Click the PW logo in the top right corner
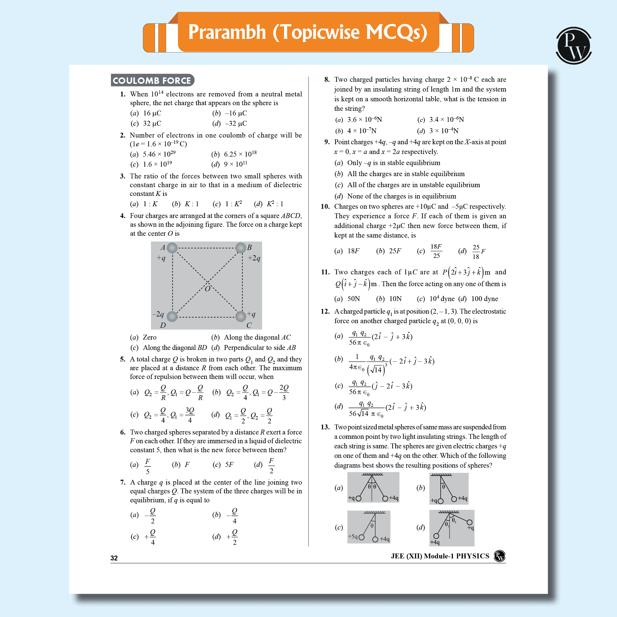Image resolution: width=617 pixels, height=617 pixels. [574, 45]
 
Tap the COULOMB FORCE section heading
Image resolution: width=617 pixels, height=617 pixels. [152, 80]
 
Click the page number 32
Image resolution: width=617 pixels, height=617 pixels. [114, 558]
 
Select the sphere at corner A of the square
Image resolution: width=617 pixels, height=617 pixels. [172, 248]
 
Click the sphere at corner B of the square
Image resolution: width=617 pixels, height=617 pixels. [240, 248]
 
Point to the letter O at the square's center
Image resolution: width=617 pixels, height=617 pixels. [207, 289]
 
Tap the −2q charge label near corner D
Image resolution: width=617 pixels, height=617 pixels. [158, 314]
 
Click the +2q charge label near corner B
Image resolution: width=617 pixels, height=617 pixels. [254, 258]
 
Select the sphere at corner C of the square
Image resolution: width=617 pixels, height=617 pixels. [240, 316]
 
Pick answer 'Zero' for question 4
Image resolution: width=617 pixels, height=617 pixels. [149, 337]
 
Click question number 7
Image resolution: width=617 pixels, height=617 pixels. [123, 482]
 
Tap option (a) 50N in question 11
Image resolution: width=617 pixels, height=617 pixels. [353, 298]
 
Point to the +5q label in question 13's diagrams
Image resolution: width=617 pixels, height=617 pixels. [352, 536]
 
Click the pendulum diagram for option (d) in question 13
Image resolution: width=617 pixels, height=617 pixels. [452, 528]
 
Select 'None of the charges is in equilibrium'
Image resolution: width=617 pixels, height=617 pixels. [401, 196]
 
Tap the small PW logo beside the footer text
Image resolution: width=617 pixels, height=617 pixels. [500, 556]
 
